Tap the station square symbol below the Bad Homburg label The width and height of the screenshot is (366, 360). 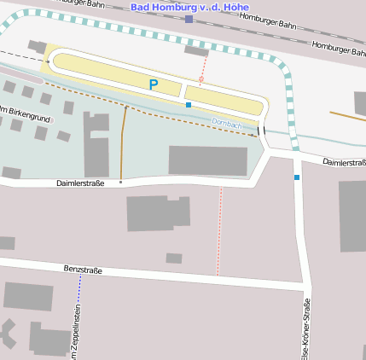(x=189, y=19)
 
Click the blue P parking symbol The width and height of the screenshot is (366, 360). (x=154, y=84)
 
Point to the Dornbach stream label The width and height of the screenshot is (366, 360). (x=227, y=123)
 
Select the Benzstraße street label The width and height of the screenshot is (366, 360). (x=83, y=270)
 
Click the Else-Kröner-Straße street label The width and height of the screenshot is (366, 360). (x=305, y=328)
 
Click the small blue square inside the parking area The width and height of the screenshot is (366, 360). (x=188, y=104)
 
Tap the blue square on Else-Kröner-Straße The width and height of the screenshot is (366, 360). (x=297, y=177)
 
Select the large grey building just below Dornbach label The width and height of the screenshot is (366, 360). (x=208, y=160)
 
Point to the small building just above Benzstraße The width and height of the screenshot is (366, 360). (x=174, y=258)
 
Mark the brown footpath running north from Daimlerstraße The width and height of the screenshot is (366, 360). (x=123, y=141)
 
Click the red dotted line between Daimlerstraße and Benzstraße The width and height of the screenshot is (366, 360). (x=219, y=230)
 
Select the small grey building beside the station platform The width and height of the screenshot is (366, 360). (x=196, y=51)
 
